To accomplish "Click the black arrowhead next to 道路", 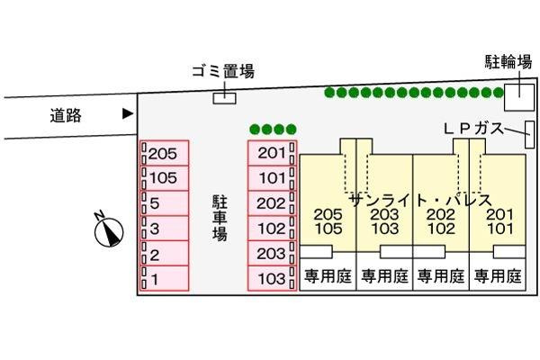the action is (x=128, y=113).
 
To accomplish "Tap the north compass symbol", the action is (x=108, y=230).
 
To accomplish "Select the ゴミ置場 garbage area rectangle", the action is (x=224, y=98).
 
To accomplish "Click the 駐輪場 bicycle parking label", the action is (x=508, y=62).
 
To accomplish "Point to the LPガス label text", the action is (x=473, y=129).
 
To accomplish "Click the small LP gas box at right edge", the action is (x=530, y=135).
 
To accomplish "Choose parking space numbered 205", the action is (x=165, y=153).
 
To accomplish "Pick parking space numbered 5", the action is (x=165, y=203).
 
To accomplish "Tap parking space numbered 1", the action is (x=165, y=278).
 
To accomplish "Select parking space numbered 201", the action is (x=272, y=153).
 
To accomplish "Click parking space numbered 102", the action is (x=272, y=229).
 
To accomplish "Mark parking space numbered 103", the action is (x=272, y=278).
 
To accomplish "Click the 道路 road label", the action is (x=66, y=115).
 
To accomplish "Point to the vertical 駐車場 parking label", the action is (x=220, y=218).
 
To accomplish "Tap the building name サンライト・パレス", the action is (x=420, y=200).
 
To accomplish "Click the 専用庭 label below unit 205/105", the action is (x=328, y=276).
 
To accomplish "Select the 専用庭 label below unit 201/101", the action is (x=498, y=276).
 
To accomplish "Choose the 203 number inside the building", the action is (x=384, y=214).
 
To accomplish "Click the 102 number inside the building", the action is (x=441, y=229).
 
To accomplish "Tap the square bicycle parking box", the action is (x=519, y=97).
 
